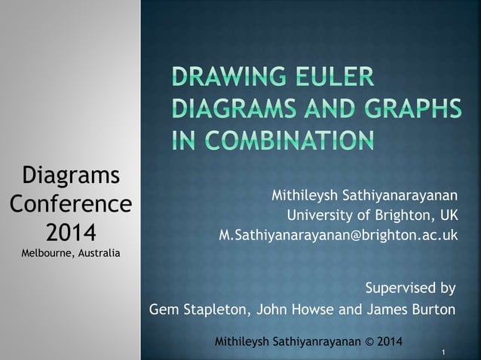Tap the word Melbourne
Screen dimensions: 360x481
(x=47, y=252)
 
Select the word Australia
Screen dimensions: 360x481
(x=98, y=252)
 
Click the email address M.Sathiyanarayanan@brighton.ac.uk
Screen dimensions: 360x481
(x=338, y=235)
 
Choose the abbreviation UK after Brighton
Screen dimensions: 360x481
(x=448, y=217)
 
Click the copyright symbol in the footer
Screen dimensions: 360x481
(x=369, y=342)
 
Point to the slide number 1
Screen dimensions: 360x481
(x=446, y=352)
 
